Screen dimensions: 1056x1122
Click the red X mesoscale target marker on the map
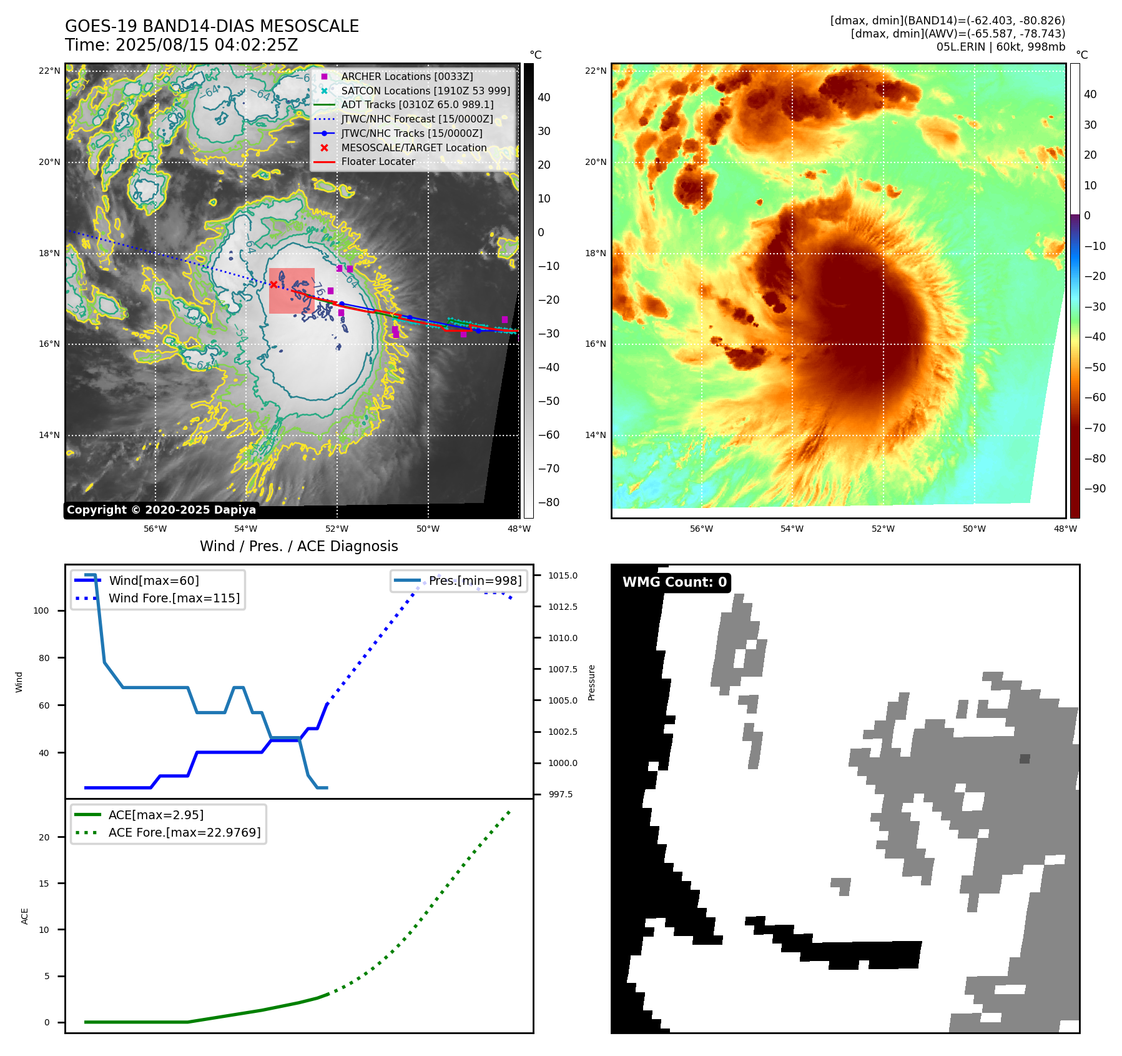(273, 284)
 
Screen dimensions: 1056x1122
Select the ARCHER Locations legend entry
(406, 76)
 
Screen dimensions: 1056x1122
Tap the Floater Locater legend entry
(378, 161)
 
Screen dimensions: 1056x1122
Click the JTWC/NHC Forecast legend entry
(416, 119)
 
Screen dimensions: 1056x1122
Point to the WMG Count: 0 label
(674, 582)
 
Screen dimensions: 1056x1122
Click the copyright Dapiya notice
(161, 510)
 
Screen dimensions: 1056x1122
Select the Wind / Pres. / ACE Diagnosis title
(298, 546)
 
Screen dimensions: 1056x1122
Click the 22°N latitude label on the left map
(50, 71)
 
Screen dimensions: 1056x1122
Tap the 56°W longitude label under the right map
(701, 529)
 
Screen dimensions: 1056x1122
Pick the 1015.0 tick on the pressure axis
(563, 575)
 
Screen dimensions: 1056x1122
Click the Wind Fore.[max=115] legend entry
(174, 598)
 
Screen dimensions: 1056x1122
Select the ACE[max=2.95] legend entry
(155, 815)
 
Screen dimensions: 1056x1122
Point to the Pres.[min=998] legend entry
(475, 580)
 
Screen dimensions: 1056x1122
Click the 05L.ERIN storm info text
(1000, 47)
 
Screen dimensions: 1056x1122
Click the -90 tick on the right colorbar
(1095, 489)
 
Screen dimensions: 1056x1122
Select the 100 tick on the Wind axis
(41, 610)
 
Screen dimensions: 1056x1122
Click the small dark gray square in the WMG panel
(1025, 759)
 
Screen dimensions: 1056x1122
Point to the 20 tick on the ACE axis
(44, 837)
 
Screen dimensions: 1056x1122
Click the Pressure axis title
(591, 682)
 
